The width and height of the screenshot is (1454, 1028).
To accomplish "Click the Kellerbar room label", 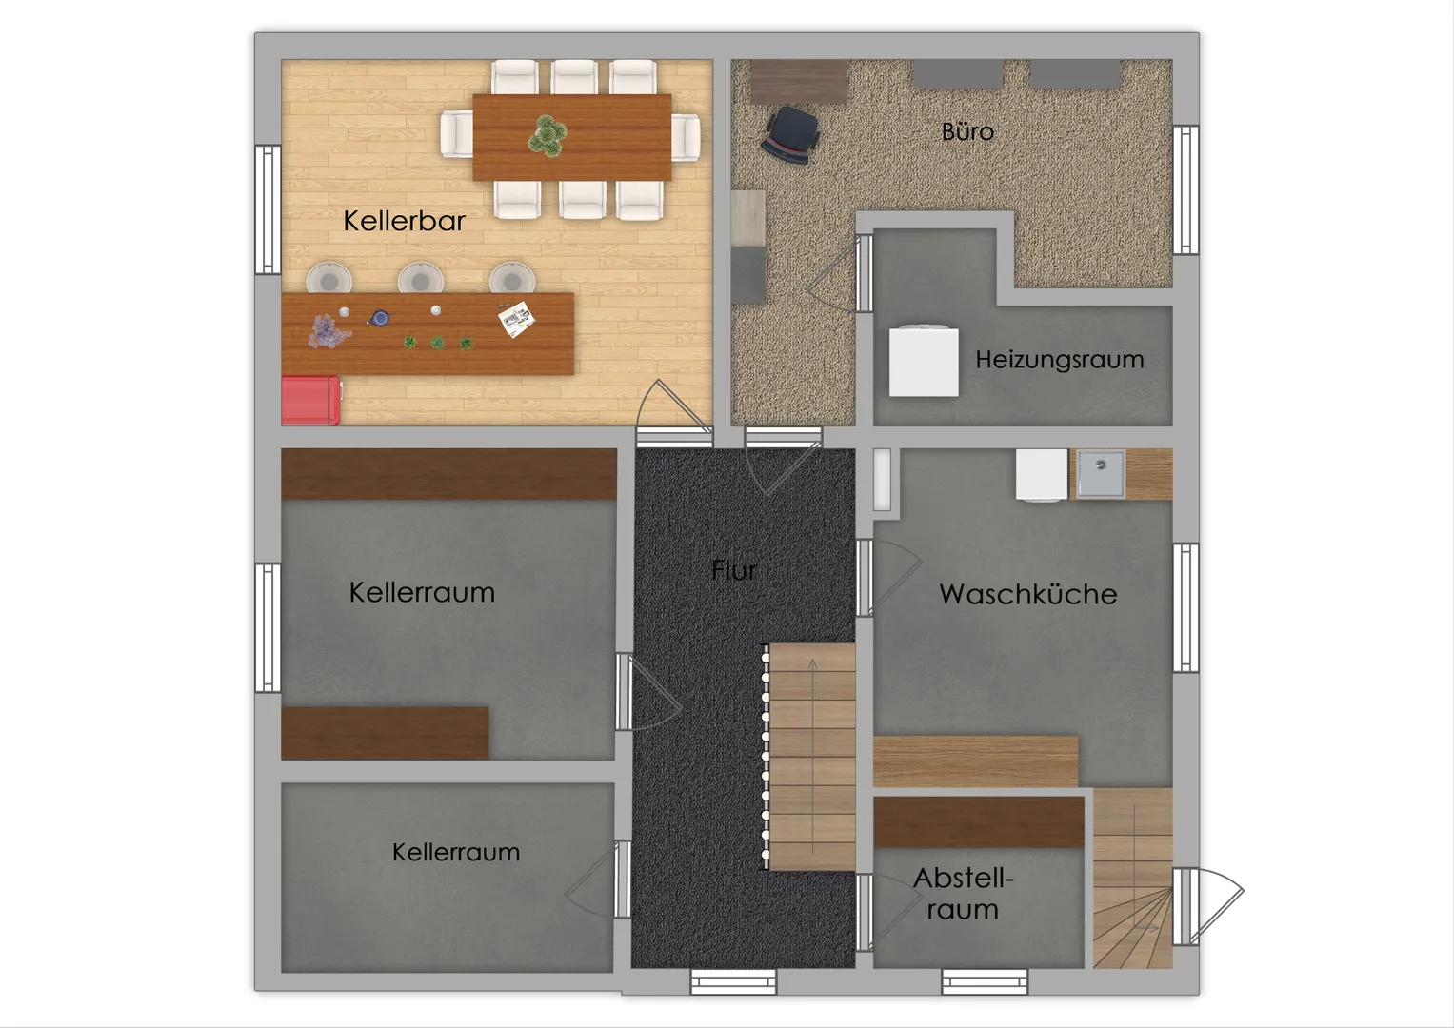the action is pyautogui.click(x=404, y=221).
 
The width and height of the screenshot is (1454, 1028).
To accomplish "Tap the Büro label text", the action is pyautogui.click(x=967, y=131).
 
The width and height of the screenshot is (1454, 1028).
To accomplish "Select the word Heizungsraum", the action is pyautogui.click(x=1060, y=360).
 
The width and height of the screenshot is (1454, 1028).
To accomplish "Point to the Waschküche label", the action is pyautogui.click(x=1028, y=594).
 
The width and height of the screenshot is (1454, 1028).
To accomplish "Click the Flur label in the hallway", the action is pyautogui.click(x=734, y=570).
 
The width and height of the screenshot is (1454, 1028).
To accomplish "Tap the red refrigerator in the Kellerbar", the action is pyautogui.click(x=311, y=401).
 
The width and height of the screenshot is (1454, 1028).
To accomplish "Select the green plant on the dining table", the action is pyautogui.click(x=548, y=135).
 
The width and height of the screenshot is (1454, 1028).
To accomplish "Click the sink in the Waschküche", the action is pyautogui.click(x=1101, y=474).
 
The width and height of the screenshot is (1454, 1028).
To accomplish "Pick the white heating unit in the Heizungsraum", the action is pyautogui.click(x=924, y=360).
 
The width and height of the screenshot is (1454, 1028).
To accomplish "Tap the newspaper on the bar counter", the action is pyautogui.click(x=517, y=319).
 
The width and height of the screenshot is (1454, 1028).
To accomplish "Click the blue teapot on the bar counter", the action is pyautogui.click(x=380, y=318).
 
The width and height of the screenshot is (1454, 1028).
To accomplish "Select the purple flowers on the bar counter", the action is pyautogui.click(x=329, y=331).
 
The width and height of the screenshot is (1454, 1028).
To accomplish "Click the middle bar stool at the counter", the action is pyautogui.click(x=421, y=278).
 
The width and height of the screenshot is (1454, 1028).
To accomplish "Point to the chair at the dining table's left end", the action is pyautogui.click(x=457, y=134).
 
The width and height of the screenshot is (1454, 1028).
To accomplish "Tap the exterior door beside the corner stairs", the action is pyautogui.click(x=1208, y=906).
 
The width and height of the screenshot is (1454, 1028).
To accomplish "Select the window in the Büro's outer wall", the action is pyautogui.click(x=1185, y=190).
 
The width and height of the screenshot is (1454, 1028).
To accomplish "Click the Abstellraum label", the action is pyautogui.click(x=964, y=894).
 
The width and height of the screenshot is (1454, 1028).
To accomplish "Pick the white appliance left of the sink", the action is pyautogui.click(x=1042, y=475).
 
